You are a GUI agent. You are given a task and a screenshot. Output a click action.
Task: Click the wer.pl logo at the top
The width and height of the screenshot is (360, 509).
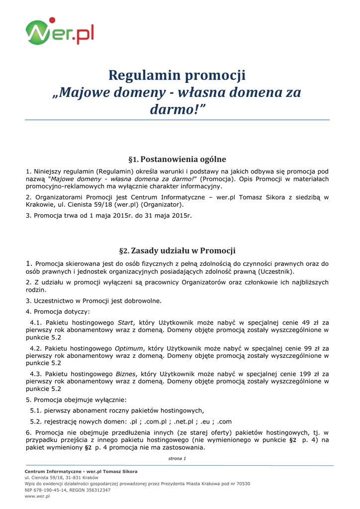(60, 32)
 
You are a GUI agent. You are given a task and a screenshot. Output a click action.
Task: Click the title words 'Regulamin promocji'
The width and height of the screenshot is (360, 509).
(177, 76)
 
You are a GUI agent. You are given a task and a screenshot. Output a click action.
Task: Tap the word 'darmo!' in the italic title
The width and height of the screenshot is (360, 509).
(177, 109)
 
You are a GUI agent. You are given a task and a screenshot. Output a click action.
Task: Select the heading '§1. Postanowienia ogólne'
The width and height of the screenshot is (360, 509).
(177, 160)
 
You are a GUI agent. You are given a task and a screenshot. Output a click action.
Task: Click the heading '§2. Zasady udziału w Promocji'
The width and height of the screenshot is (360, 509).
(177, 251)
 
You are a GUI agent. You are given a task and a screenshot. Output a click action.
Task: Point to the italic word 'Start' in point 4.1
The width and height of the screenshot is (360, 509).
(125, 323)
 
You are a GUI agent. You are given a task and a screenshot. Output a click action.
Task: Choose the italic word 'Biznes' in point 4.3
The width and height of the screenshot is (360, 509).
(125, 374)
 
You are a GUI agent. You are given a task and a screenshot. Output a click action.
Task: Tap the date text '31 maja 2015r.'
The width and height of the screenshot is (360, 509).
(168, 216)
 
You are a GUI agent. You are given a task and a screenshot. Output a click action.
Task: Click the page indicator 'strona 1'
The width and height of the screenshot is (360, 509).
(177, 458)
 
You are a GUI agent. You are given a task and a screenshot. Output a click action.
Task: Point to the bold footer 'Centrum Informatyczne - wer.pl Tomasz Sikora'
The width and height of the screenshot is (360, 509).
(81, 471)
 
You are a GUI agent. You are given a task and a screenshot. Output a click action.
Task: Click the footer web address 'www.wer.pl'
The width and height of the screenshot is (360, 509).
(37, 496)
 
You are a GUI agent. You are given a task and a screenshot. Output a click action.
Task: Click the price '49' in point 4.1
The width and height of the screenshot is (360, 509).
(306, 323)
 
